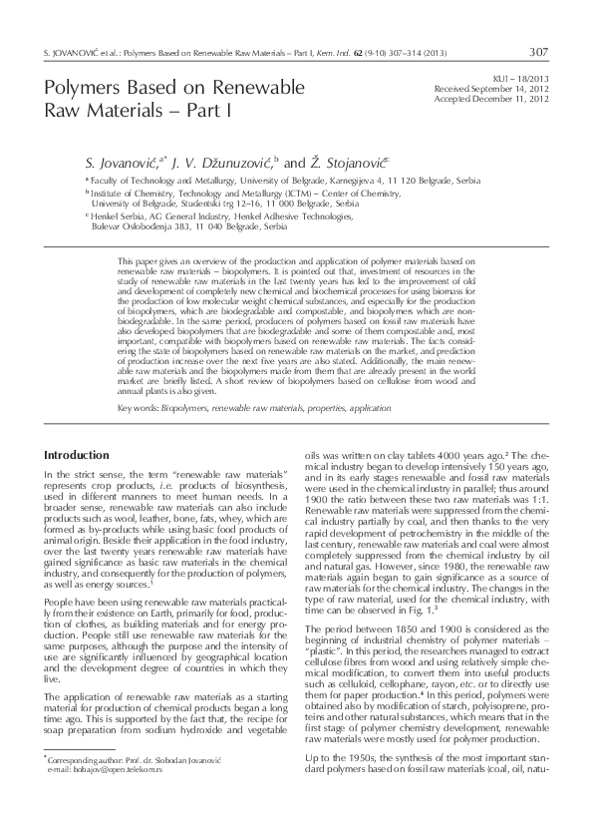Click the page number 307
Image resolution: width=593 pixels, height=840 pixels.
click(x=538, y=51)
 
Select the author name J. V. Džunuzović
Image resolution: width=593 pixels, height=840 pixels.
click(x=222, y=161)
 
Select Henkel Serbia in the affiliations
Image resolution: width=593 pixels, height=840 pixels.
click(x=117, y=214)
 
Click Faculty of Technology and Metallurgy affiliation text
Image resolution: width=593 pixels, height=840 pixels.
click(x=170, y=181)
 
